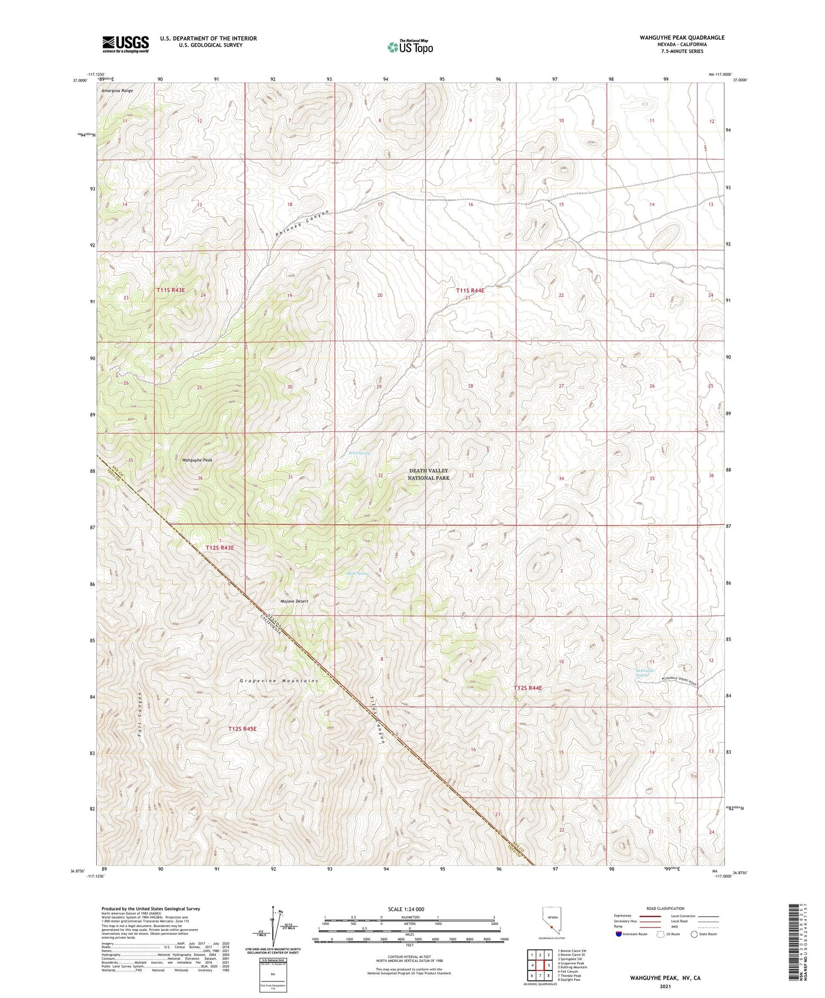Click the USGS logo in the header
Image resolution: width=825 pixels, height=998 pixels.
(125, 44)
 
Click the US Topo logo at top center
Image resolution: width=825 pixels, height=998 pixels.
(410, 47)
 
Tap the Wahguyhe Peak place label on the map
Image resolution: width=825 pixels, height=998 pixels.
(197, 460)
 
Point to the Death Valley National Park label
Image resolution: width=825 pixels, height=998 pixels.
(428, 475)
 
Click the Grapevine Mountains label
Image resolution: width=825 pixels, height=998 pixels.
(279, 681)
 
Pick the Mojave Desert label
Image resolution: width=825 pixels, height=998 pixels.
(294, 601)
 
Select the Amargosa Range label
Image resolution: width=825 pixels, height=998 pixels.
(117, 90)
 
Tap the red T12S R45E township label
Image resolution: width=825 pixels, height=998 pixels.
(242, 729)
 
